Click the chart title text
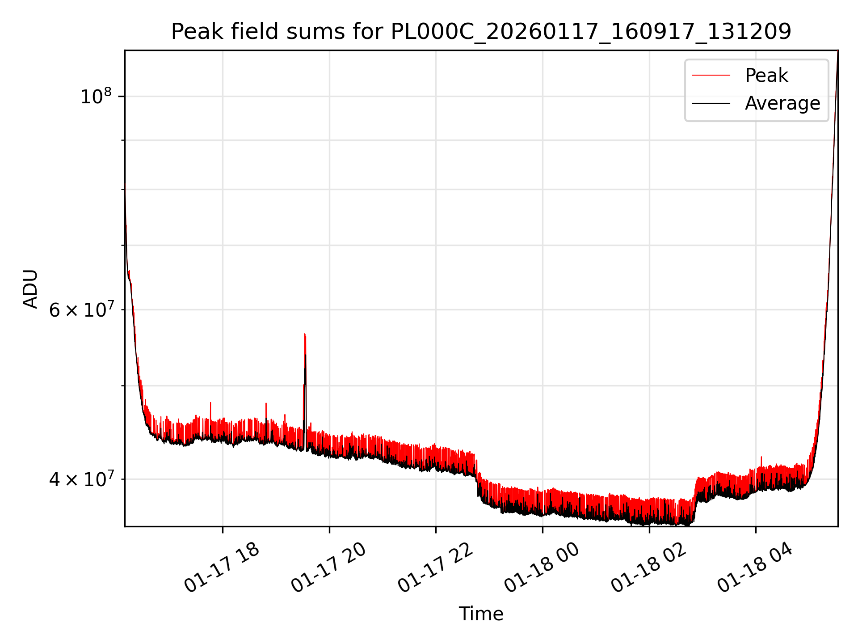point(481,32)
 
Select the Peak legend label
point(766,76)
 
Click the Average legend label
point(782,103)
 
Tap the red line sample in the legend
point(711,76)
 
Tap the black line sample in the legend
point(711,103)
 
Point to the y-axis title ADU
point(30,288)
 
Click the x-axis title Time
point(481,614)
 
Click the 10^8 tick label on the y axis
point(95,97)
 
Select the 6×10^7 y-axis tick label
point(81,309)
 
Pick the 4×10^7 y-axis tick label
point(81,479)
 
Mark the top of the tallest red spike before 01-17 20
point(304,334)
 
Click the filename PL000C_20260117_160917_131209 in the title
point(591,32)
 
